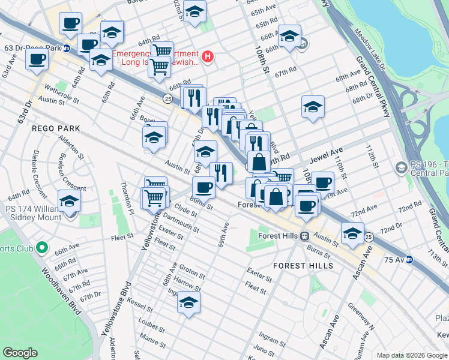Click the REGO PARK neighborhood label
[60, 129]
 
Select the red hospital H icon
[208, 57]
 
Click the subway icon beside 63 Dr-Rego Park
[66, 47]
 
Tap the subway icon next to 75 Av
[409, 260]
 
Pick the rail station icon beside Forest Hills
[305, 236]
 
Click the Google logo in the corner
[21, 352]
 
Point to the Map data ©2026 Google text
[412, 355]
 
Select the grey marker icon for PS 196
[401, 166]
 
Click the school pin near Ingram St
[188, 303]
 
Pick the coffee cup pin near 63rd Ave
[37, 59]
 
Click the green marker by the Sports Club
[41, 247]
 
